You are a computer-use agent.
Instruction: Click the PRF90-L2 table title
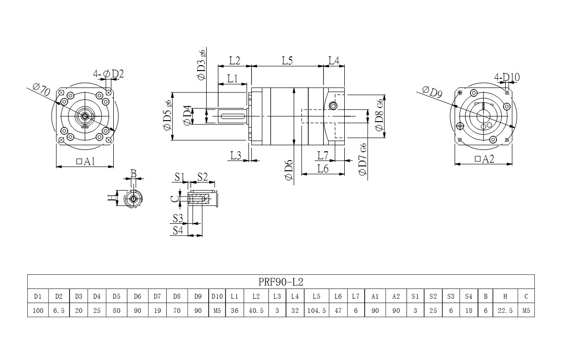pos(282,282)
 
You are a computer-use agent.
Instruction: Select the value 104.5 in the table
pos(317,310)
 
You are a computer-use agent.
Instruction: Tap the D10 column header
pos(216,296)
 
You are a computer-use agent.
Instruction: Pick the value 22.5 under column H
pos(505,310)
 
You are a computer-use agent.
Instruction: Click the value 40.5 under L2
pos(255,310)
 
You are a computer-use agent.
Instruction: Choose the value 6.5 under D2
pos(59,310)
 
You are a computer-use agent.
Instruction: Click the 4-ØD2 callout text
pos(108,74)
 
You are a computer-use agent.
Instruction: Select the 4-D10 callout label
pos(507,77)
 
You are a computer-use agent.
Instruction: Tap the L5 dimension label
pos(287,61)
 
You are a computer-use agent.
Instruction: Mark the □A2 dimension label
pos(483,159)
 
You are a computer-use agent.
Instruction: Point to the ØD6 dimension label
pos(288,170)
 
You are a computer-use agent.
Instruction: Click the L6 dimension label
pos(322,168)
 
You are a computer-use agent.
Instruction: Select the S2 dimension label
pos(202,177)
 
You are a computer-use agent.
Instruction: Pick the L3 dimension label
pos(236,155)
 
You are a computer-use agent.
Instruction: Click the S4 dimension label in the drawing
pos(178,230)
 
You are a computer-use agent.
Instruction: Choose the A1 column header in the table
pos(375,296)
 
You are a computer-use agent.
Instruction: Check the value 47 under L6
pos(338,310)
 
